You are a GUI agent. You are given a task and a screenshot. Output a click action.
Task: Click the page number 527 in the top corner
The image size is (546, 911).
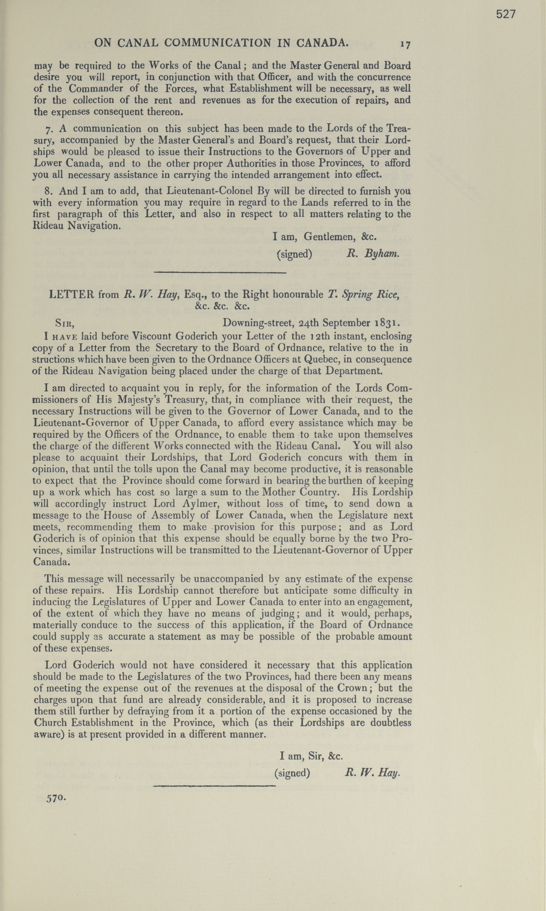coord(506,14)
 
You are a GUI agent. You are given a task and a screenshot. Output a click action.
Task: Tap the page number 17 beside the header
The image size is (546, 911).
coord(406,44)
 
